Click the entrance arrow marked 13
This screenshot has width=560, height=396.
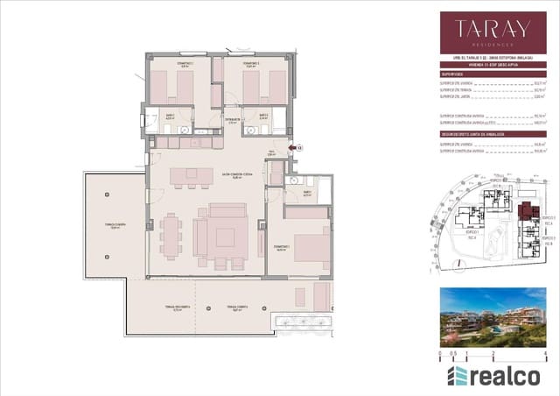click(297, 148)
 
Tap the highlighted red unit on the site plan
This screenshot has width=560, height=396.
click(526, 211)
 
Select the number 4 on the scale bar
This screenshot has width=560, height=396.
click(544, 355)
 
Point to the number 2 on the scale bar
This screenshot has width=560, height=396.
click(493, 355)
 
